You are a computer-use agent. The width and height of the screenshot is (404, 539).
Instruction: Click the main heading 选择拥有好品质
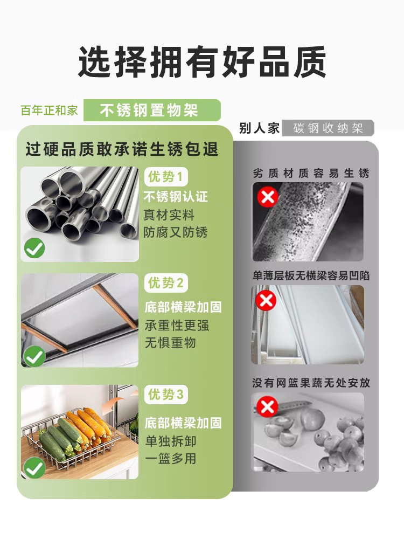pos(202,62)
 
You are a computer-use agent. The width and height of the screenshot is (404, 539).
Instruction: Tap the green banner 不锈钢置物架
pos(149,110)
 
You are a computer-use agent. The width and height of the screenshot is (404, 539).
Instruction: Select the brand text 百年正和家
pos(49,110)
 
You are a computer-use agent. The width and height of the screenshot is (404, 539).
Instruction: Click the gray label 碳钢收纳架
pos(328,128)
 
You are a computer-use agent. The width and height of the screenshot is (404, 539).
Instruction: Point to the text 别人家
pos(259,128)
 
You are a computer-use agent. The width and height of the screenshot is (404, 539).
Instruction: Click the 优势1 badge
pos(166,177)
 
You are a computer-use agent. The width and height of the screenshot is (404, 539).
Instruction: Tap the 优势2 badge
pos(166,283)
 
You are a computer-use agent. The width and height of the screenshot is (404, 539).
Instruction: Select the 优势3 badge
pos(166,395)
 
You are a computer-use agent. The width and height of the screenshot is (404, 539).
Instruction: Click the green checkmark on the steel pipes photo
pos(34,248)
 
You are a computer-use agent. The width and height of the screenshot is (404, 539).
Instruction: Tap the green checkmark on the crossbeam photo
pos(34,356)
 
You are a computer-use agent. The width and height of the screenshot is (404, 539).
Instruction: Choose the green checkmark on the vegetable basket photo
pos(34,467)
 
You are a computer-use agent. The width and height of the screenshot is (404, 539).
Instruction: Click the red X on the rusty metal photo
pos(267,197)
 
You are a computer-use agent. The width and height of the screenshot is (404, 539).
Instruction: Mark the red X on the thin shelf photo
pos(266,300)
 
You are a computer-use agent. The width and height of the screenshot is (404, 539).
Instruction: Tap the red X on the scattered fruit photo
pos(267,407)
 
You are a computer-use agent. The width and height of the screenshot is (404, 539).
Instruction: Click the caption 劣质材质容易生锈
pos(311,173)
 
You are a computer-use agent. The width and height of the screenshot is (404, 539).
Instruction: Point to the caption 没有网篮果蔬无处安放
pos(311,383)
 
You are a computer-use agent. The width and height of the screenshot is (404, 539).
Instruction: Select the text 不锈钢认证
pos(176,197)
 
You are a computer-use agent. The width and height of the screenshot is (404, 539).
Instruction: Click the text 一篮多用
pos(170,459)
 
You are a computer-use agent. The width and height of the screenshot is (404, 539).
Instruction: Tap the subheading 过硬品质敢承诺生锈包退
pos(122,149)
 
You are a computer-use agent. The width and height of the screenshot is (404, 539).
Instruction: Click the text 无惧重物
pos(170,343)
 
